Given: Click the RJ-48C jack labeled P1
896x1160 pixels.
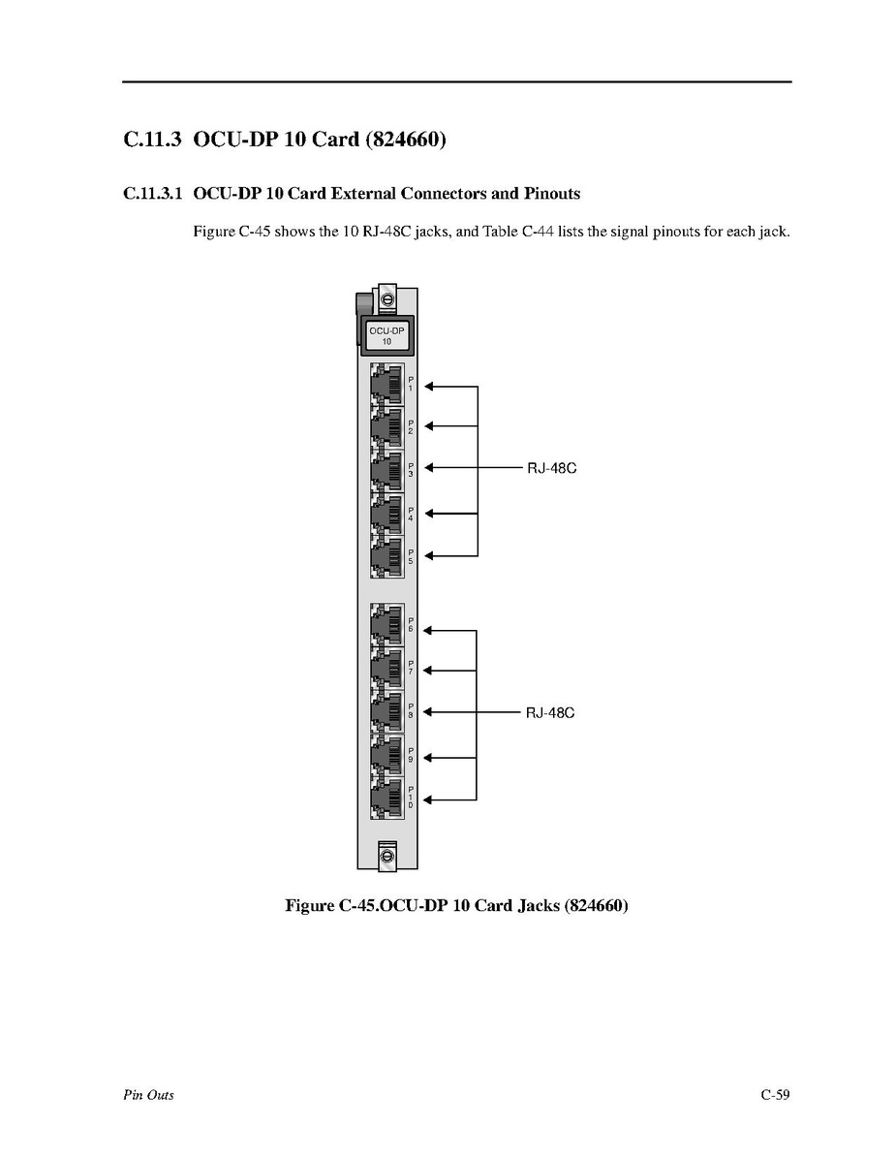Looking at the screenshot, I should point(386,385).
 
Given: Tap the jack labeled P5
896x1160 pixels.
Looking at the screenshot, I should point(386,556).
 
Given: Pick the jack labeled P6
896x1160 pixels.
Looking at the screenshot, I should point(386,626).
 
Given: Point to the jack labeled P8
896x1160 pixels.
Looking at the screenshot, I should point(386,712).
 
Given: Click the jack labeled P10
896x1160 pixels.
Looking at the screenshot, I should point(386,799).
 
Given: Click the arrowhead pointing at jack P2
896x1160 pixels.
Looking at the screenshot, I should point(431,425).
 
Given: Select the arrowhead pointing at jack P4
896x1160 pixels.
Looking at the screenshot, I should point(431,513).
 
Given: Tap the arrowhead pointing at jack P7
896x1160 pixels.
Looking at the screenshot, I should point(431,670).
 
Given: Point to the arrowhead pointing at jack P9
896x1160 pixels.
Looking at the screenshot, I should point(431,757).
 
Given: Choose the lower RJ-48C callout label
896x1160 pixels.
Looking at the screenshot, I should point(550,713).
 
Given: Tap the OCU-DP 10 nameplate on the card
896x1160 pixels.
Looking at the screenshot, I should point(386,335).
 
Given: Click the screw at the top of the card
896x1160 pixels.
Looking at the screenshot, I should point(386,300).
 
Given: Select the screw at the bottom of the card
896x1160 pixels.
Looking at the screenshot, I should point(386,856).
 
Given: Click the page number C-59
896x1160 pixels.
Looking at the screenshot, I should point(775,1095).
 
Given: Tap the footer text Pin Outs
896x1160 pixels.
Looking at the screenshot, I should point(148,1095).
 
